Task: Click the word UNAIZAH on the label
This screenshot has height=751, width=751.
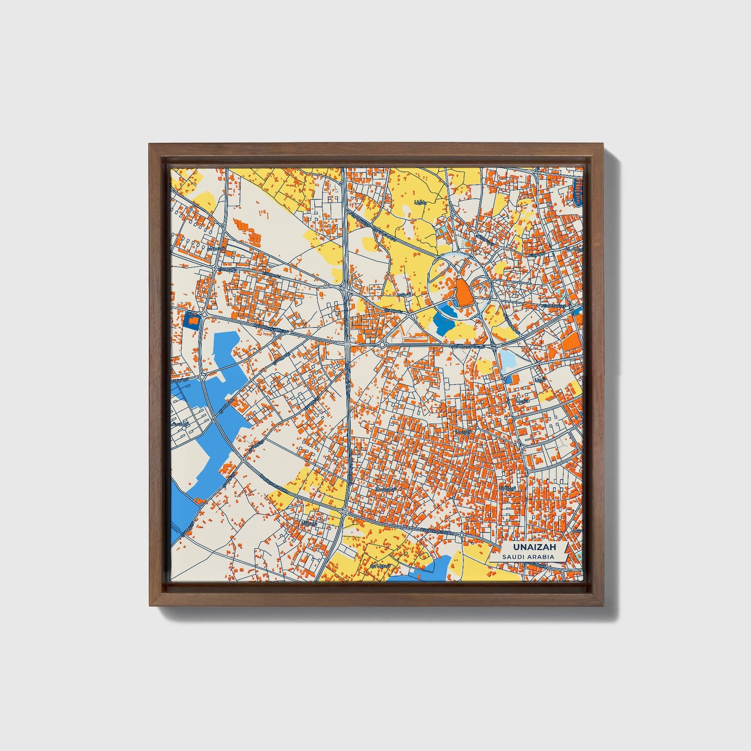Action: pos(527,547)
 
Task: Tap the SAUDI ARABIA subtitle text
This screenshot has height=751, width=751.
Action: pos(527,557)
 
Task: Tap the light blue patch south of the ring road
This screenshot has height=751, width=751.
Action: pos(506,359)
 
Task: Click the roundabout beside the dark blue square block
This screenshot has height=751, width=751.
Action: pos(205,315)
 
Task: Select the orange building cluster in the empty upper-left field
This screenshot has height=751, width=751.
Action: pos(248,230)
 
